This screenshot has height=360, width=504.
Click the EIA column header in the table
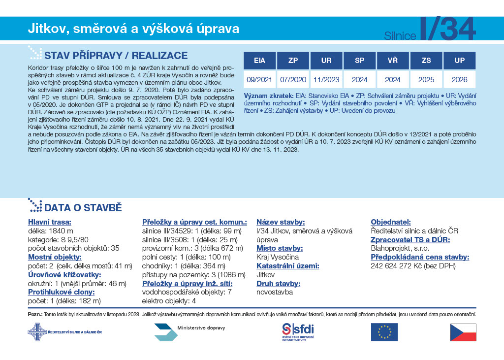click(x=259, y=61)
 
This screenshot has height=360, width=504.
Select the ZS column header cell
click(x=426, y=61)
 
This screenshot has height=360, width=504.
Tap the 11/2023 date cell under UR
click(x=326, y=79)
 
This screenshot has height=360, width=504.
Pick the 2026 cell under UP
click(x=460, y=79)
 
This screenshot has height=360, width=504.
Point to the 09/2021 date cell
click(x=259, y=79)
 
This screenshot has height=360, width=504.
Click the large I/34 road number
click(x=448, y=29)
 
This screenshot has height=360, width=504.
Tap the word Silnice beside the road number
click(x=400, y=35)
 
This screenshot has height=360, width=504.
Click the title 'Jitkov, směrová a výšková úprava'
click(x=133, y=29)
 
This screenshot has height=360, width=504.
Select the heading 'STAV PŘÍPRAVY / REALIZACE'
click(x=116, y=55)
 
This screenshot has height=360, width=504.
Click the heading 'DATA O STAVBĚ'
click(x=83, y=207)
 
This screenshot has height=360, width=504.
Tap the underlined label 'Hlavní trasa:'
click(x=50, y=222)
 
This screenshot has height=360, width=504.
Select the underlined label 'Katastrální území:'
click(x=288, y=266)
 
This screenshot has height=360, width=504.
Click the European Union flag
click(x=384, y=332)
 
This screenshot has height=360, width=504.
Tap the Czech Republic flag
click(x=463, y=332)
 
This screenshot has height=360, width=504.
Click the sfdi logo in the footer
click(x=298, y=332)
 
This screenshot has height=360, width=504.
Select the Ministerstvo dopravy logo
click(x=189, y=331)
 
